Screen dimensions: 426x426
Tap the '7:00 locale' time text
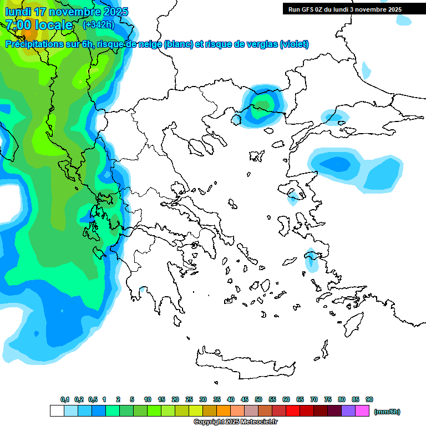(x=39, y=25)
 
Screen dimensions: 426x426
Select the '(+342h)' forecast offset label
(x=98, y=25)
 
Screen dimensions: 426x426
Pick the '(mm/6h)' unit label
(x=387, y=412)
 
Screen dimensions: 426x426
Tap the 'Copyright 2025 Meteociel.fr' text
(x=235, y=422)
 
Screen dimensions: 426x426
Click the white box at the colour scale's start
(x=57, y=411)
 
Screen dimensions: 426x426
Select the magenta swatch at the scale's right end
(x=363, y=411)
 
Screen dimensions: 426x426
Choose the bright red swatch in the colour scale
(x=293, y=411)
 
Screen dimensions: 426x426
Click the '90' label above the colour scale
(x=369, y=399)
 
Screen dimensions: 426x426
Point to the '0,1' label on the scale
(x=65, y=399)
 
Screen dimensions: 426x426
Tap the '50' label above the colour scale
(x=258, y=399)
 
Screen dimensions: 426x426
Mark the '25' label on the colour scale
(x=189, y=399)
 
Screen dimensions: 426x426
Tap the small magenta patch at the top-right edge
(x=366, y=70)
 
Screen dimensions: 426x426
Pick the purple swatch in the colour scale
(x=348, y=411)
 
